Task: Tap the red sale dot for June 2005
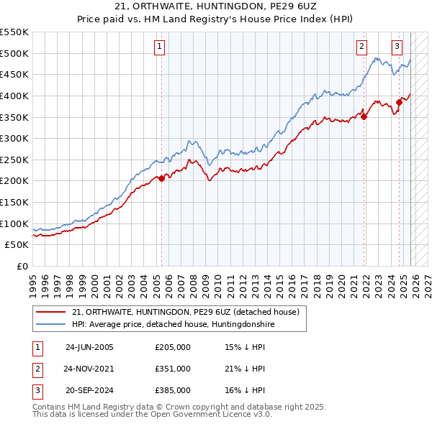[161, 179]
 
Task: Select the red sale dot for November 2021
[364, 117]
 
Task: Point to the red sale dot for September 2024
[399, 102]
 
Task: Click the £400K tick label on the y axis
[14, 96]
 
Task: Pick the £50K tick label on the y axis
[17, 245]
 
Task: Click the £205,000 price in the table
[173, 347]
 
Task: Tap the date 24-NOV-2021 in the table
[89, 369]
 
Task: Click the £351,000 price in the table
[173, 369]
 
